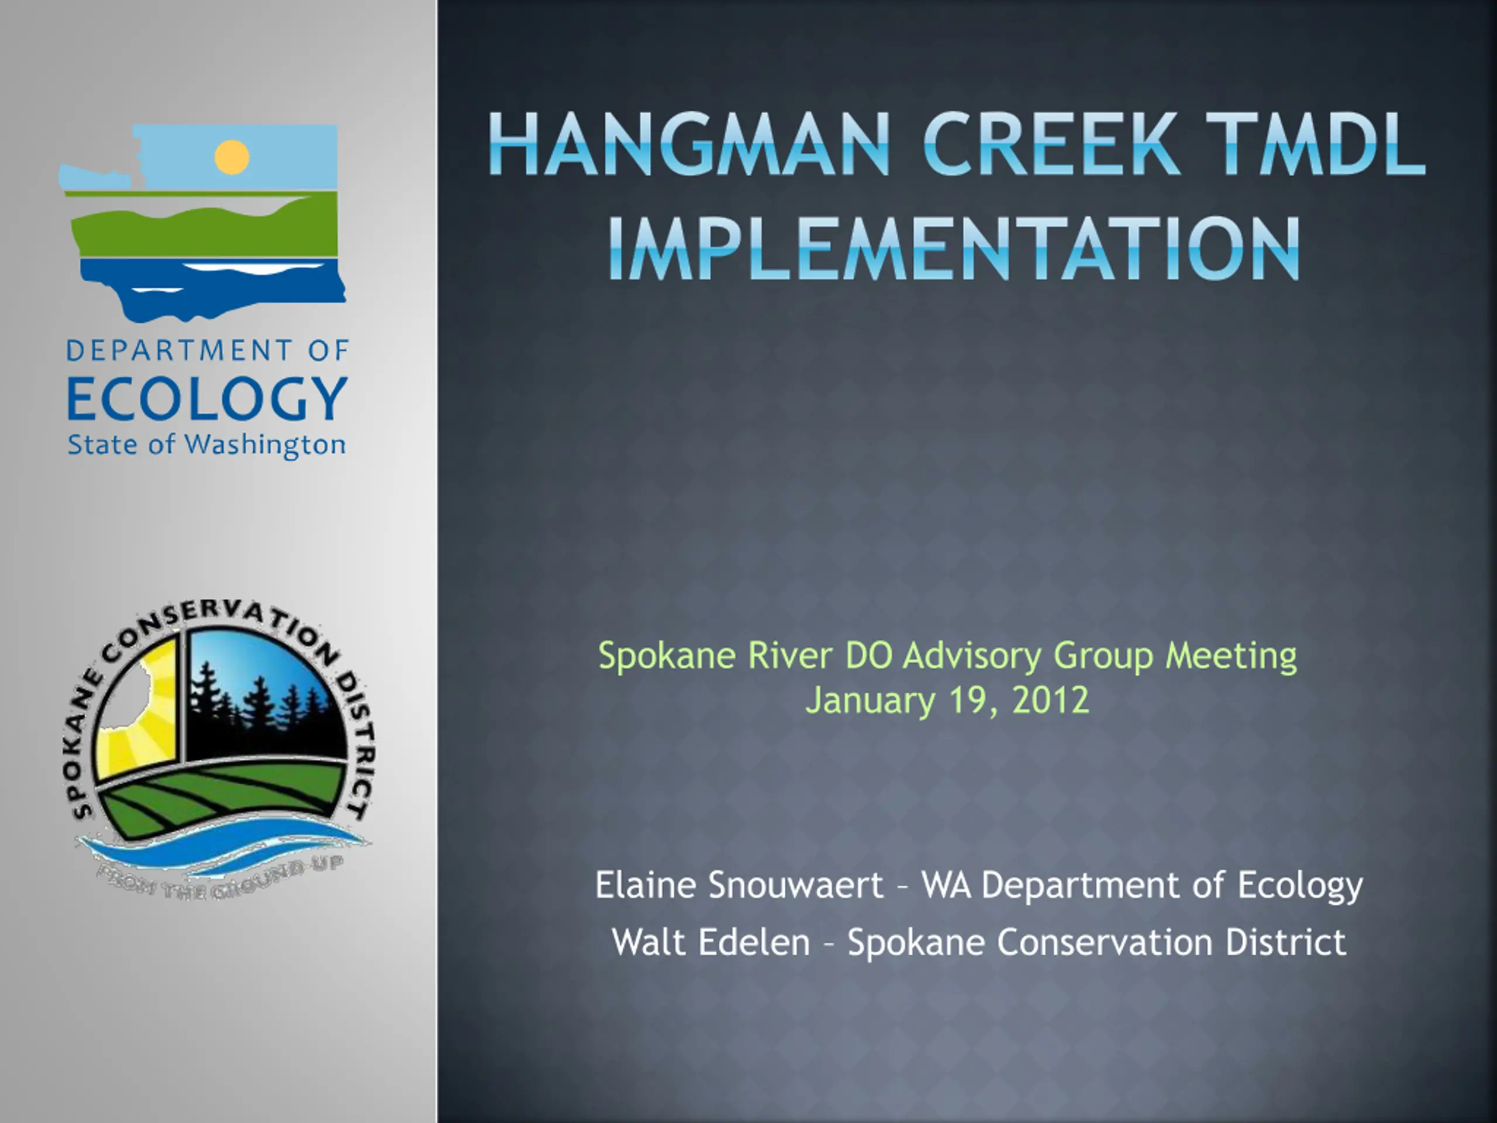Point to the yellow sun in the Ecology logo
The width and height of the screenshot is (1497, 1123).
[232, 157]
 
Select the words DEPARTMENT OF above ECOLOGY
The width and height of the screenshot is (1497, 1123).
[207, 350]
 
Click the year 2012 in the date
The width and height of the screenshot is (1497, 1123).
[1051, 700]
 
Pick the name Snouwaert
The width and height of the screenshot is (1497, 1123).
[796, 886]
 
